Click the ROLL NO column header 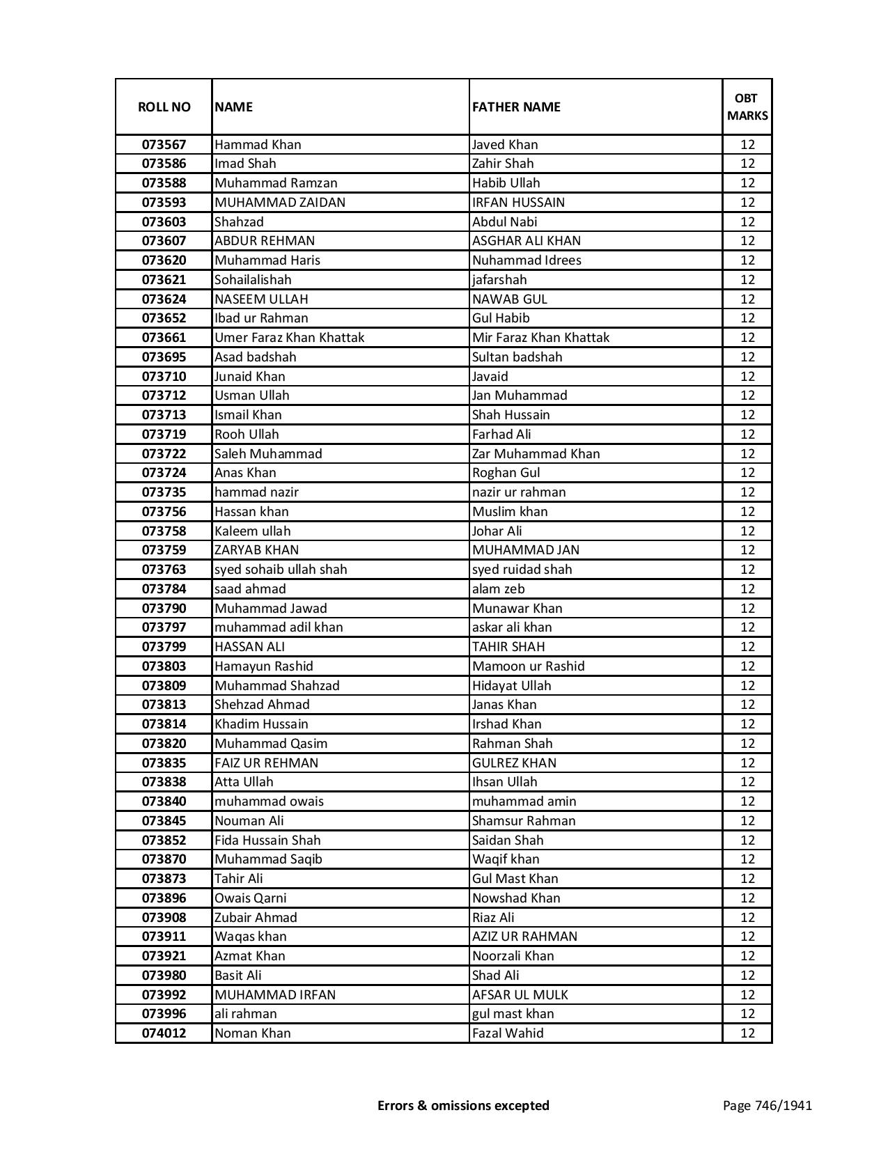pyautogui.click(x=164, y=107)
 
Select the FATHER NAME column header pyautogui.click(x=516, y=107)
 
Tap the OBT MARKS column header pyautogui.click(x=747, y=107)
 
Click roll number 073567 pyautogui.click(x=164, y=145)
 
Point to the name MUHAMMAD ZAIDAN pyautogui.click(x=280, y=203)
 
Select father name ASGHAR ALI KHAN pyautogui.click(x=527, y=241)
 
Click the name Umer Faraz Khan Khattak pyautogui.click(x=290, y=338)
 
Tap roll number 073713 pyautogui.click(x=164, y=415)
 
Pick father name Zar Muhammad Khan pyautogui.click(x=536, y=454)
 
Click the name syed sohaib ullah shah pyautogui.click(x=281, y=570)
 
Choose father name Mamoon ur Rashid pyautogui.click(x=529, y=666)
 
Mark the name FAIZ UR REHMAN pyautogui.click(x=266, y=763)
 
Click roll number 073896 pyautogui.click(x=164, y=898)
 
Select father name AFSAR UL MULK pyautogui.click(x=520, y=995)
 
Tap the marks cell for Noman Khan pyautogui.click(x=747, y=1033)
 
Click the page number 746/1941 pyautogui.click(x=767, y=1105)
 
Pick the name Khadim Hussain pyautogui.click(x=261, y=724)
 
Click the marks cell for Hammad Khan pyautogui.click(x=747, y=145)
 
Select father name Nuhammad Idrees pyautogui.click(x=527, y=260)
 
